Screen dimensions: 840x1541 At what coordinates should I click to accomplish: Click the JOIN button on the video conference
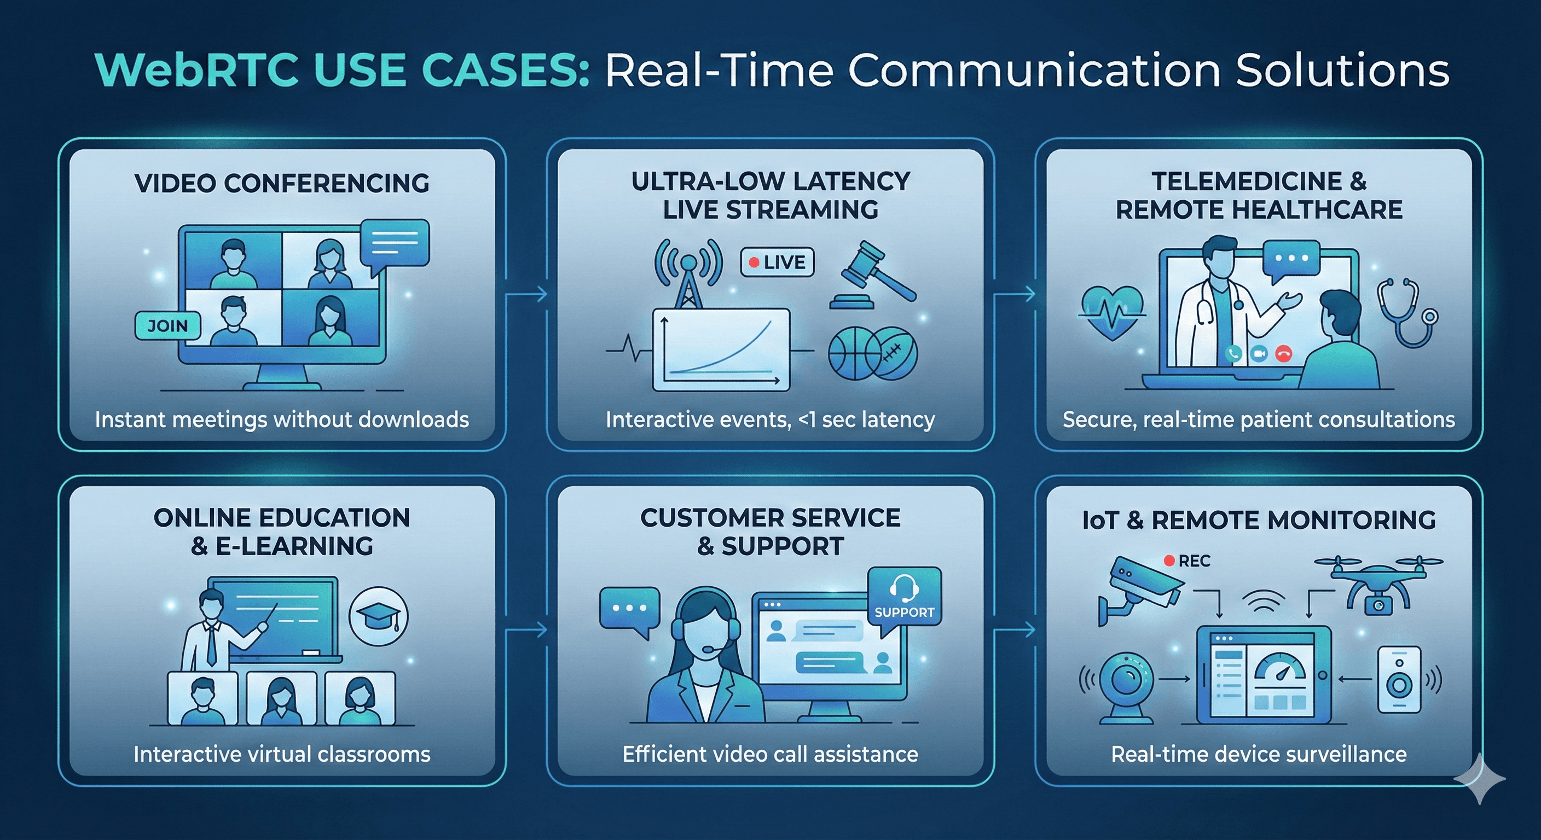[x=167, y=326]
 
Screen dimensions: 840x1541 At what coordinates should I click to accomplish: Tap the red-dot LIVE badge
[x=777, y=262]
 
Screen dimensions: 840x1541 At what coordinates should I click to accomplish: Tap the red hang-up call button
[x=1284, y=354]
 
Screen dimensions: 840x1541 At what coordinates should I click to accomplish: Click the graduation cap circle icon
[x=378, y=616]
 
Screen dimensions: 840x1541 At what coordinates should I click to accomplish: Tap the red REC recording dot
[x=1169, y=561]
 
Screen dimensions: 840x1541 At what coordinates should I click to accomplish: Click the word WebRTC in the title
[x=196, y=71]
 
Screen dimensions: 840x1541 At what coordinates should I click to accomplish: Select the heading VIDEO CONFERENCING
[x=282, y=183]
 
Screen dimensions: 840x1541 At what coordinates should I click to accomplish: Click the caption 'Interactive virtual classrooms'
[x=282, y=754]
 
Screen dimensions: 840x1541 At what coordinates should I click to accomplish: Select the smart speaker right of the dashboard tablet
[x=1399, y=680]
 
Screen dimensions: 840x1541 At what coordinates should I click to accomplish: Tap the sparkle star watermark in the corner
[x=1480, y=778]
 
